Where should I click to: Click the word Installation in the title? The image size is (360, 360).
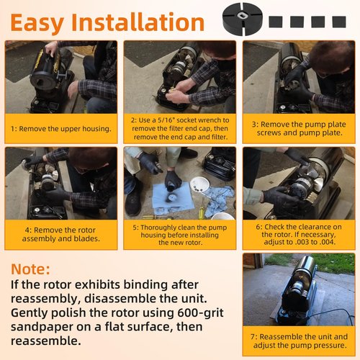click(x=138, y=22)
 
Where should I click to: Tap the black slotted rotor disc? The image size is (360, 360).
click(x=243, y=19)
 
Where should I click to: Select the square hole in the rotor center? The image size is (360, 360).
click(x=241, y=16)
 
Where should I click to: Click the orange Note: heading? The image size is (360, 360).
click(x=30, y=269)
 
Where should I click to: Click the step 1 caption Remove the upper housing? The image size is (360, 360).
click(x=61, y=129)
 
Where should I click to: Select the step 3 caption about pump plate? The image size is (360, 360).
click(x=299, y=129)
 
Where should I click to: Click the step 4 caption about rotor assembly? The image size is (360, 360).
click(x=60, y=234)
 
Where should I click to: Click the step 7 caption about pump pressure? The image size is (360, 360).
click(x=299, y=341)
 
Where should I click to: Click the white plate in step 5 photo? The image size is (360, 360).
click(x=199, y=184)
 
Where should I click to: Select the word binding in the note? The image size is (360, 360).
click(x=146, y=285)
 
